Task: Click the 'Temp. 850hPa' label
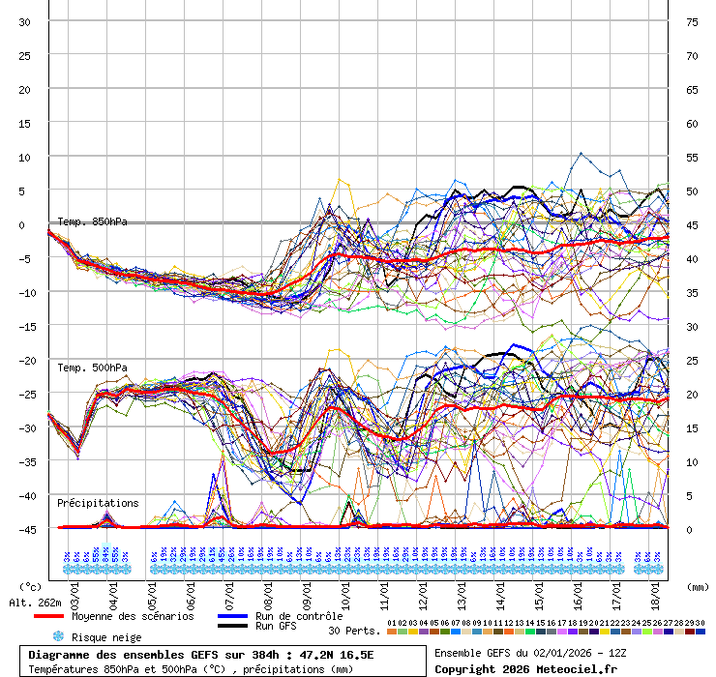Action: tap(92, 221)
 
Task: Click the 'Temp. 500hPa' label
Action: tap(92, 368)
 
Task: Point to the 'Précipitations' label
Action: tap(98, 503)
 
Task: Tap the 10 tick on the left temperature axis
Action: tap(24, 157)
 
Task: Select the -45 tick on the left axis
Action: tap(24, 529)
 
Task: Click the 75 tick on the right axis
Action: tap(692, 21)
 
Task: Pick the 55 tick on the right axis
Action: tap(692, 157)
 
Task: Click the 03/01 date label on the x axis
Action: tap(75, 590)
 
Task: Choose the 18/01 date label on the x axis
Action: tap(656, 590)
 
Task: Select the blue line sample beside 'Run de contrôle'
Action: tap(233, 616)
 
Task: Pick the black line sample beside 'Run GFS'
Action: tap(233, 627)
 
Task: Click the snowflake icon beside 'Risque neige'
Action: tap(58, 636)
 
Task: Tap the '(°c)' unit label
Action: tap(31, 586)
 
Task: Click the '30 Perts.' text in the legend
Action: tap(353, 631)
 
